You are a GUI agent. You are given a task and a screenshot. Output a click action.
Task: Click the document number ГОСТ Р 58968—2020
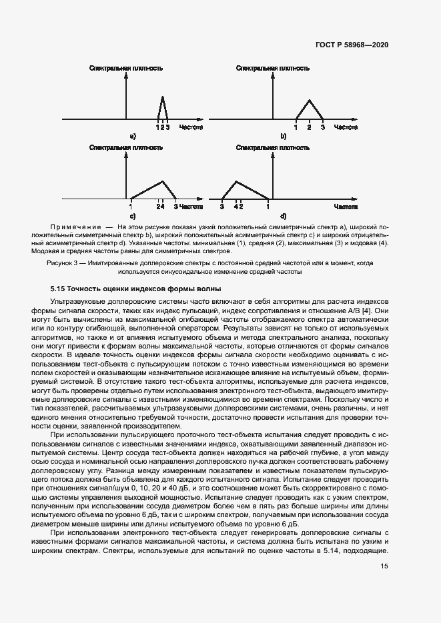click(x=351, y=45)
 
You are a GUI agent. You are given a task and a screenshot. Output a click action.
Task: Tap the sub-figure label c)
click(x=133, y=217)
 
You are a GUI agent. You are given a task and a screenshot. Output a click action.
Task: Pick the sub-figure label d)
click(x=283, y=217)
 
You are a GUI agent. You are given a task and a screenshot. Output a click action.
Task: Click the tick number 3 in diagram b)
click(x=322, y=126)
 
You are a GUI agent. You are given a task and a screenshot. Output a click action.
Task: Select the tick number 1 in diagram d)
click(x=268, y=207)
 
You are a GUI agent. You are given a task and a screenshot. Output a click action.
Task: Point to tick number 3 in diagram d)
click(x=222, y=207)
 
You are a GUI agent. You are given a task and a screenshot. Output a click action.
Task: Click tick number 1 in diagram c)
click(x=131, y=207)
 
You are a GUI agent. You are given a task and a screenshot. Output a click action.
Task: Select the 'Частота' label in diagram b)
click(x=346, y=126)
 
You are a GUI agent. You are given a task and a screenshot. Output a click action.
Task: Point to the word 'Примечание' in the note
click(x=75, y=228)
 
